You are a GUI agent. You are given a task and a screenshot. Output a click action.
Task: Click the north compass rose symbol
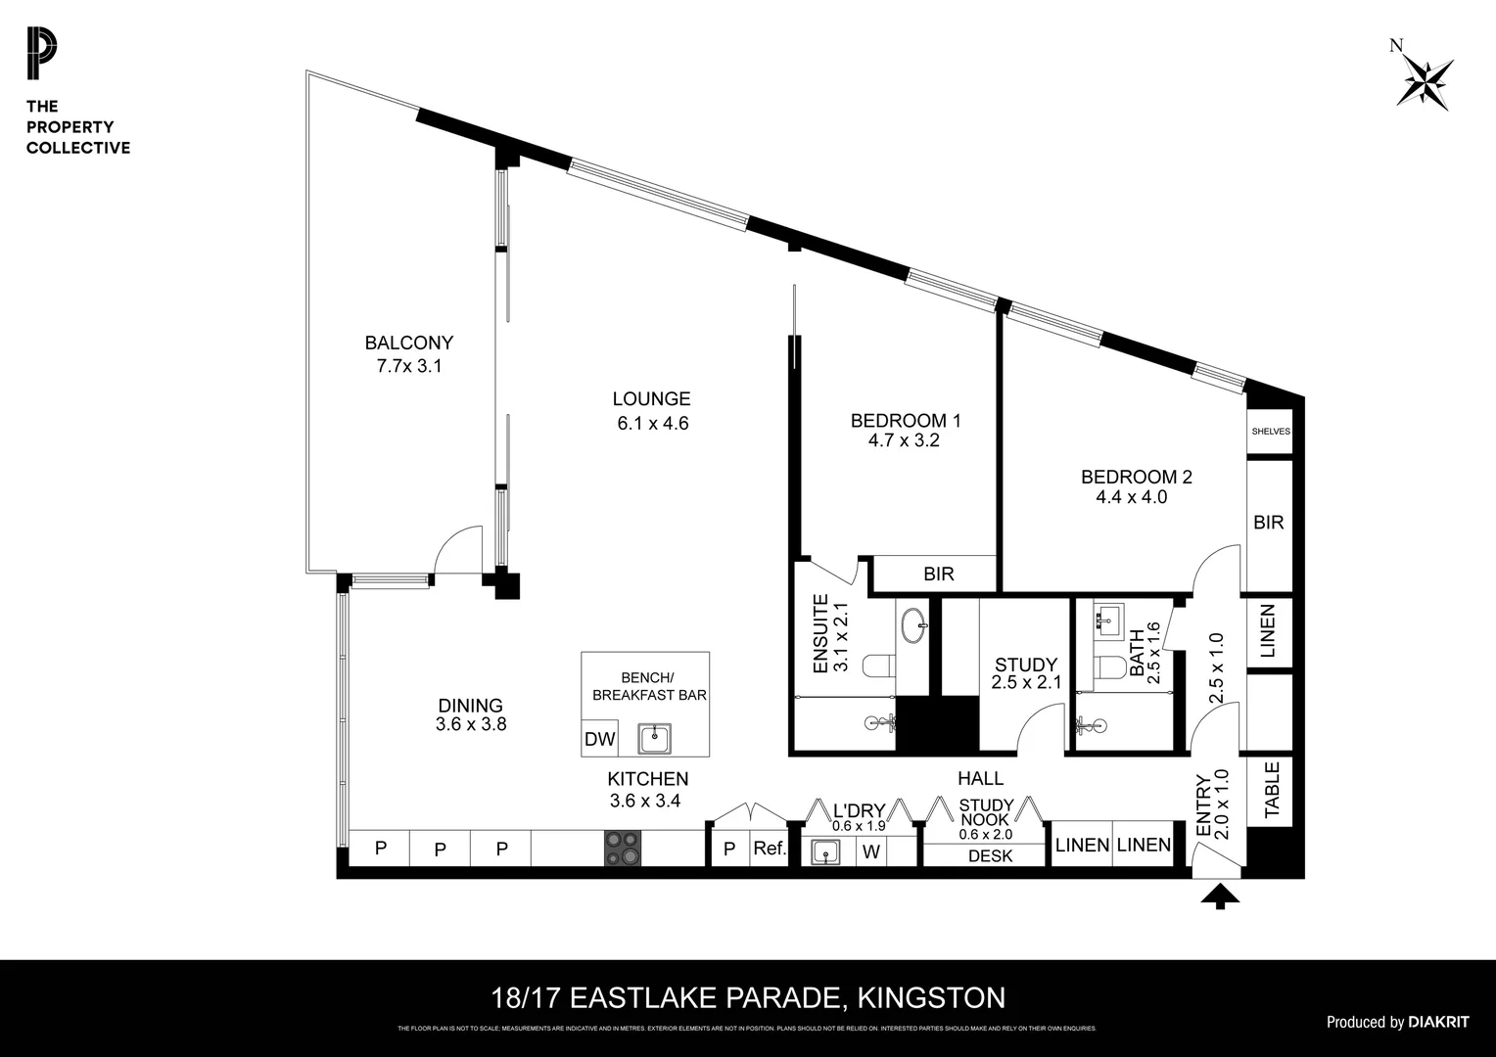point(1426,81)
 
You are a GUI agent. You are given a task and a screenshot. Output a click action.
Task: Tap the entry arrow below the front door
point(1220,896)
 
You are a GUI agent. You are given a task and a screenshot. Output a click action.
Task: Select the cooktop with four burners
point(622,848)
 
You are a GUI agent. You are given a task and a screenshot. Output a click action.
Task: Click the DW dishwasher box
point(599,740)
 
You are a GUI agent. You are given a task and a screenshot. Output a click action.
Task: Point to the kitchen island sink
point(654,739)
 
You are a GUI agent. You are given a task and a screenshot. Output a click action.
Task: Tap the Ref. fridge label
point(770,849)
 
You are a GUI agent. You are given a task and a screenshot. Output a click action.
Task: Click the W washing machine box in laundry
point(871,851)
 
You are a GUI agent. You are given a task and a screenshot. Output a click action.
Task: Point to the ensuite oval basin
point(914,624)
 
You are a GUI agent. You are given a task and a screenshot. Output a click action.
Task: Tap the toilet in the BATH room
point(1110,667)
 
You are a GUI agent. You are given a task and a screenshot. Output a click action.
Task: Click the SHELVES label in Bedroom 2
point(1271,432)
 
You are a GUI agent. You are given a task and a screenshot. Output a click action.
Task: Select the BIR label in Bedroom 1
point(938,574)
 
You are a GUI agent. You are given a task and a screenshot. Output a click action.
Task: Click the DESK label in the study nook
point(990,856)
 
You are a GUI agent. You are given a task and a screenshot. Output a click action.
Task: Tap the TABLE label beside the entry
point(1272,790)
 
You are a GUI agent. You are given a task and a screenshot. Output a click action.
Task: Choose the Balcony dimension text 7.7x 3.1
point(409,366)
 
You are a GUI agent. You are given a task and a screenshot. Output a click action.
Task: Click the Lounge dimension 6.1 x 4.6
point(652,424)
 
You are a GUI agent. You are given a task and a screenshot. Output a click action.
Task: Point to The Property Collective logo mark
point(42,55)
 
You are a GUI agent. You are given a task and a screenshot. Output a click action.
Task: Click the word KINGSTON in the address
point(930,998)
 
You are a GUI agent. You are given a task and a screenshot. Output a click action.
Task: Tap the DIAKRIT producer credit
point(1438,1022)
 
